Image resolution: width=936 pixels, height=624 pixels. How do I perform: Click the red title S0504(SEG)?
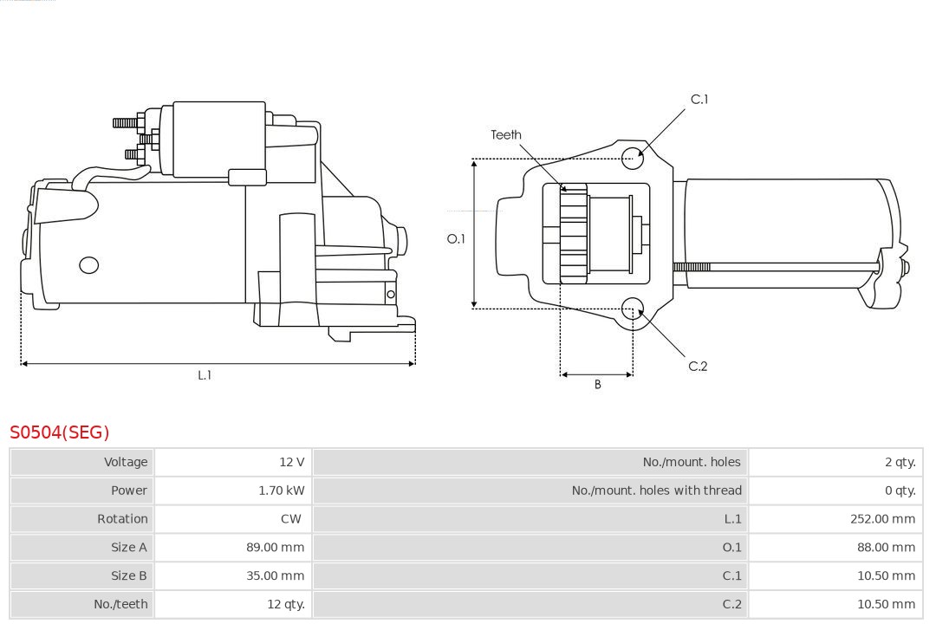(60, 432)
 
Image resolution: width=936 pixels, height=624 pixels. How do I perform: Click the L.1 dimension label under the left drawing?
(205, 375)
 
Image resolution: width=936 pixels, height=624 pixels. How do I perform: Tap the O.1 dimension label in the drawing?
(456, 238)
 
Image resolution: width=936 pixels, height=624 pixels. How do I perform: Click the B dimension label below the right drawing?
(597, 384)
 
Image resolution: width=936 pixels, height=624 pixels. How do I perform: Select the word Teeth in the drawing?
(506, 134)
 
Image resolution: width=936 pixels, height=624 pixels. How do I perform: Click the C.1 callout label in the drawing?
(699, 100)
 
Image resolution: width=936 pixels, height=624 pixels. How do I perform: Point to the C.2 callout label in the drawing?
(698, 367)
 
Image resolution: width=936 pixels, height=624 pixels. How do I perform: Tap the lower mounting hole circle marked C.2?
(634, 308)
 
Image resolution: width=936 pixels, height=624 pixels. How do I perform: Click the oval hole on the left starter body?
(88, 265)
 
